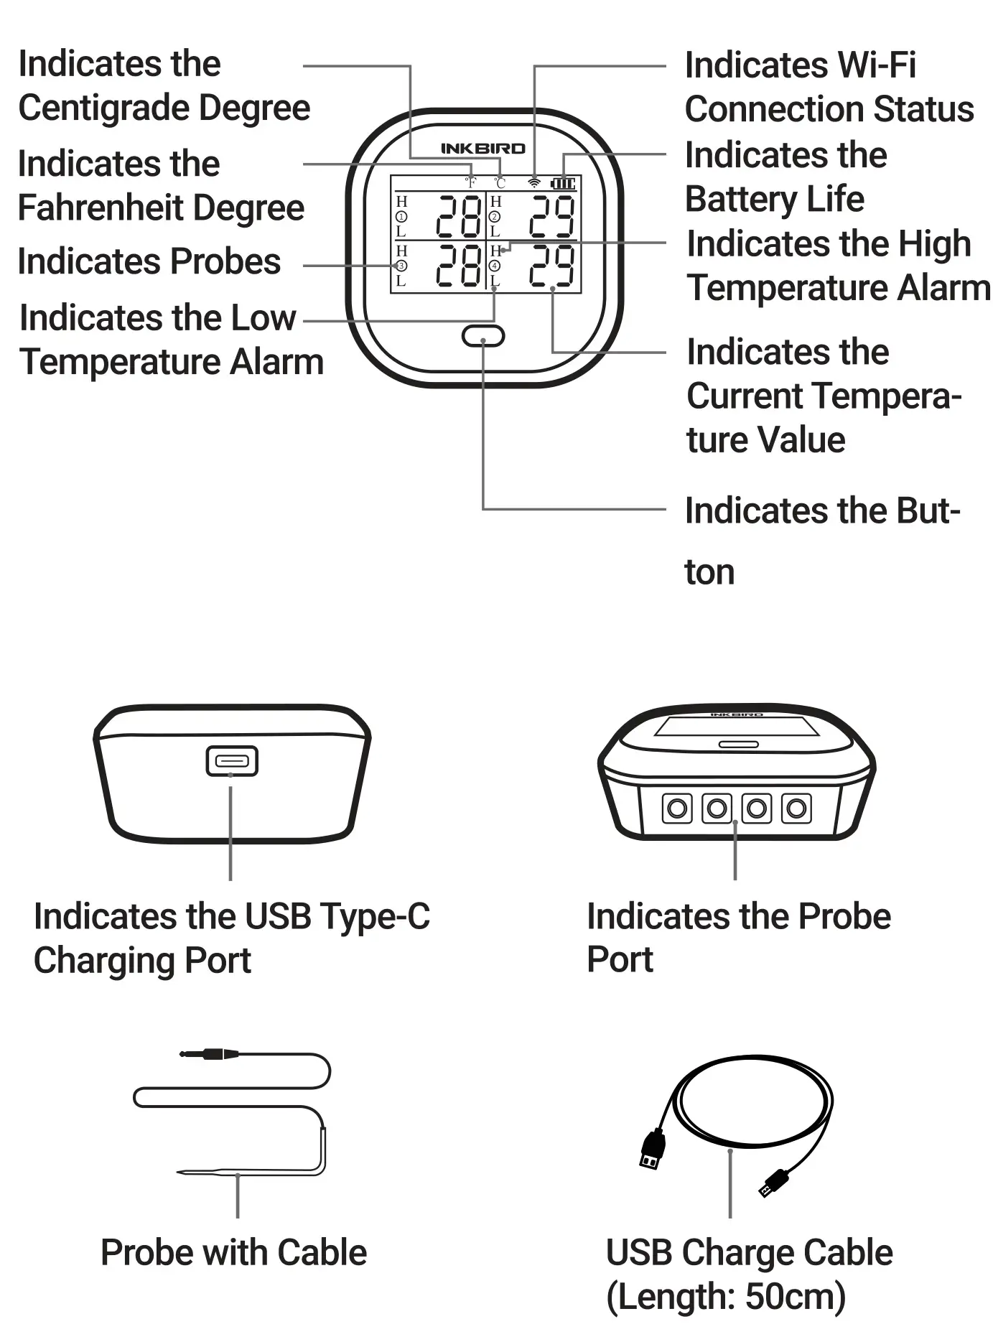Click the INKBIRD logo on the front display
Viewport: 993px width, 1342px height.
tap(482, 149)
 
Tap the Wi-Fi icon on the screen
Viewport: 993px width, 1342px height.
tap(533, 182)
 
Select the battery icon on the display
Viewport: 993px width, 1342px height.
tap(563, 183)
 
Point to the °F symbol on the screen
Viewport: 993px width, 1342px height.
tap(470, 183)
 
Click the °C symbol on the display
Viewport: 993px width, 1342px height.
tap(500, 183)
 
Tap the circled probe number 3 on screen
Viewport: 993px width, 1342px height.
tap(401, 266)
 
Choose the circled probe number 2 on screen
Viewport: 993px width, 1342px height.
tap(495, 217)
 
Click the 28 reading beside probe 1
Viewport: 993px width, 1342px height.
tap(459, 217)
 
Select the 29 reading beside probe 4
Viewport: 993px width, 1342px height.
tap(551, 266)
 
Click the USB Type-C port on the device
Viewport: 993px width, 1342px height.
tap(231, 761)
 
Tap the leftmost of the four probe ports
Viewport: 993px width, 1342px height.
tap(676, 809)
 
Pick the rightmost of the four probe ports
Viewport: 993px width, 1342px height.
tap(796, 809)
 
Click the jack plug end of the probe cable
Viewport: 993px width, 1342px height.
tap(210, 1054)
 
